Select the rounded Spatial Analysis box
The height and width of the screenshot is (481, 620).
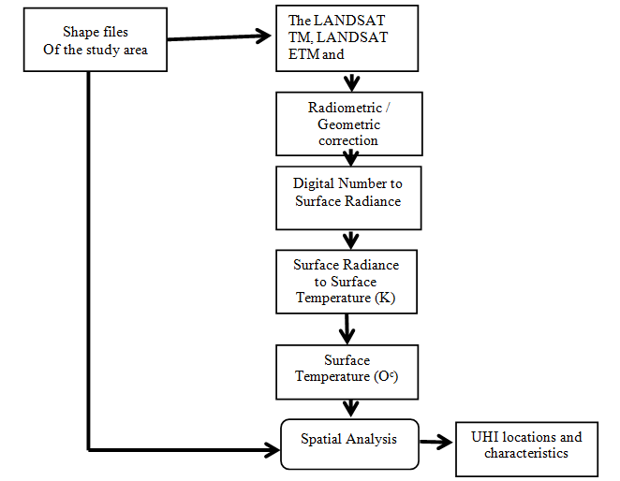[348, 443]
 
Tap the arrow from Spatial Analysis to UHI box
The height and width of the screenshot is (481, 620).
[435, 442]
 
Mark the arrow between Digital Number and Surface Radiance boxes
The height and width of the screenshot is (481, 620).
[350, 239]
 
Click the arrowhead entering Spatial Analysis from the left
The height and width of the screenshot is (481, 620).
[272, 444]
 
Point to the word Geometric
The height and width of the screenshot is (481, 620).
[347, 124]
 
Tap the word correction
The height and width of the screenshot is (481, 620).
[347, 140]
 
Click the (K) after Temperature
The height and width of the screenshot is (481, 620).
[382, 298]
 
